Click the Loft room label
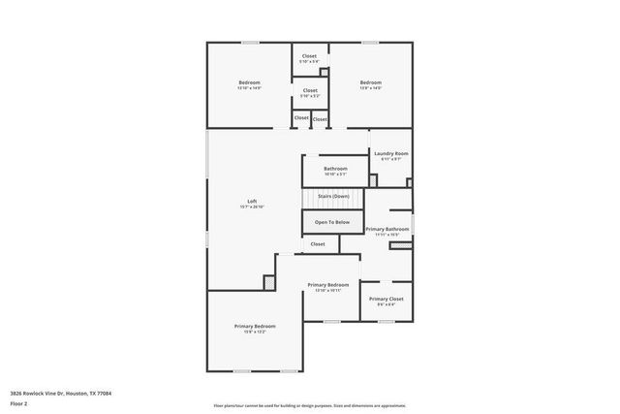coord(252,201)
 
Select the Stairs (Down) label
coord(333,197)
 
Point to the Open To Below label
coord(331,222)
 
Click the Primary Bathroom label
coord(387,229)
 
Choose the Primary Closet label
coord(386,300)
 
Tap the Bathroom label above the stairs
coord(335,170)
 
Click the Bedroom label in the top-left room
coord(250,82)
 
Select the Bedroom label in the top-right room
coord(371,82)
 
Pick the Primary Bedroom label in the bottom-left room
coord(255,326)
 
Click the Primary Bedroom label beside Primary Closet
coord(327,285)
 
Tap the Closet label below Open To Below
coord(319,244)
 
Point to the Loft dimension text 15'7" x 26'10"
coord(252,207)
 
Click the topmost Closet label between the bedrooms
coord(309,56)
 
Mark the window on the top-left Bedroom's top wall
coord(250,42)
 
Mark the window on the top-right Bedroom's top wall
coord(369,42)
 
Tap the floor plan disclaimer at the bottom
coord(309,405)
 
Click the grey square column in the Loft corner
coord(270,281)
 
